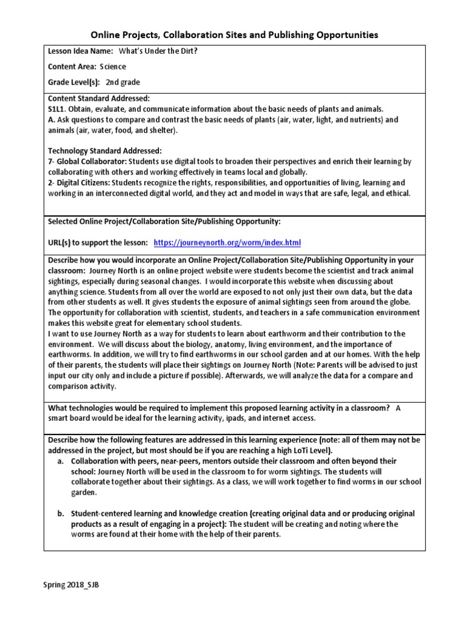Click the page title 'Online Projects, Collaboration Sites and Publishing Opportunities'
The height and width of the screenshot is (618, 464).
(x=234, y=35)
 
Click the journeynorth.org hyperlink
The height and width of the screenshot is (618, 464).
(x=227, y=243)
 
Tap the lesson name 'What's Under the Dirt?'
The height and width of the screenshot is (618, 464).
(x=158, y=51)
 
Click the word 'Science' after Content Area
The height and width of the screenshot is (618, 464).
(x=113, y=66)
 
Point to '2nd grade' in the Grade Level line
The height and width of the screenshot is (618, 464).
(x=123, y=83)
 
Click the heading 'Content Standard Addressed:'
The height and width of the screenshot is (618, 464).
(x=98, y=98)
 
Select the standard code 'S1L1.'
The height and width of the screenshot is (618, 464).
(x=57, y=109)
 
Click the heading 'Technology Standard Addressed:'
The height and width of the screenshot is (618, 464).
(x=105, y=151)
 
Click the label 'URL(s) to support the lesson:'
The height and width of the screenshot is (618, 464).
(x=98, y=243)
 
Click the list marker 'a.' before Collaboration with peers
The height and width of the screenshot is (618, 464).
(x=61, y=460)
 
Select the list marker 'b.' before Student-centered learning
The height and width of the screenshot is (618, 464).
(x=61, y=514)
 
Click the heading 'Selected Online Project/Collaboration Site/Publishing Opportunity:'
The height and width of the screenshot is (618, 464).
(x=164, y=221)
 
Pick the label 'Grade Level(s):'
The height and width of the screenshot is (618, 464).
(x=74, y=83)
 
